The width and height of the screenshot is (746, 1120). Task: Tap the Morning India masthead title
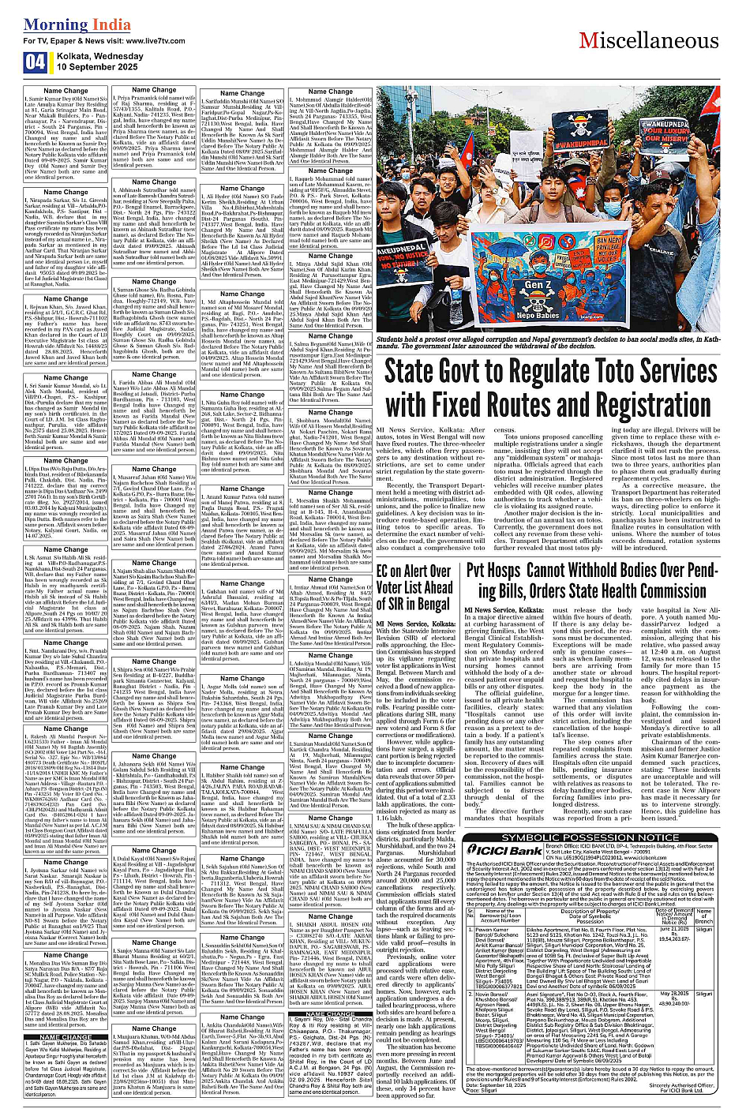(x=77, y=24)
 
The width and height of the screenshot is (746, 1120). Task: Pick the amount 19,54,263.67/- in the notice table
(x=675, y=932)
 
